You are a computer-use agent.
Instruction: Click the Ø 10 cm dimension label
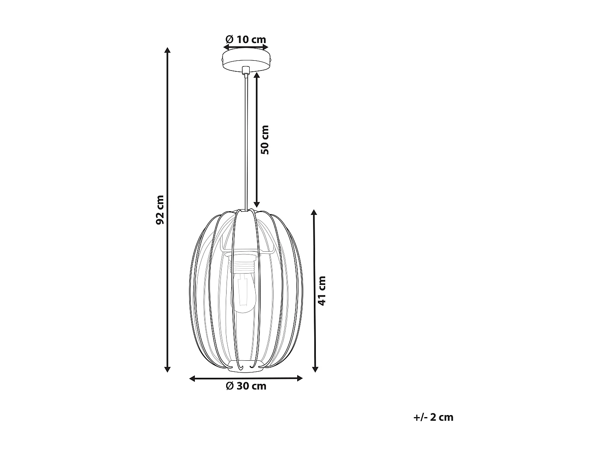click(246, 39)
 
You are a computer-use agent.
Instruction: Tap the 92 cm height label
click(160, 210)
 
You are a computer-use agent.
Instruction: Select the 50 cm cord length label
click(265, 139)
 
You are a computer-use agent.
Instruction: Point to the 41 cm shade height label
click(322, 291)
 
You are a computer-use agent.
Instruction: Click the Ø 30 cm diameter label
click(246, 386)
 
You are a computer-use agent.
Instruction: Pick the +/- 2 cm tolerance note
click(433, 417)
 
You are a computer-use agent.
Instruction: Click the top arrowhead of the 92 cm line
click(167, 50)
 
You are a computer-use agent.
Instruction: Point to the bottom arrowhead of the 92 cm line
click(167, 369)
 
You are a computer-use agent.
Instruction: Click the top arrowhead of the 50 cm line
click(257, 75)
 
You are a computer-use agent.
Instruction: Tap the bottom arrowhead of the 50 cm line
click(257, 204)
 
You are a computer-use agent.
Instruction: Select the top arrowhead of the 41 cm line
click(314, 213)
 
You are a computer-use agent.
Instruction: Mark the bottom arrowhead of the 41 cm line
click(314, 369)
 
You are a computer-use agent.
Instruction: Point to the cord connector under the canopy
click(245, 71)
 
